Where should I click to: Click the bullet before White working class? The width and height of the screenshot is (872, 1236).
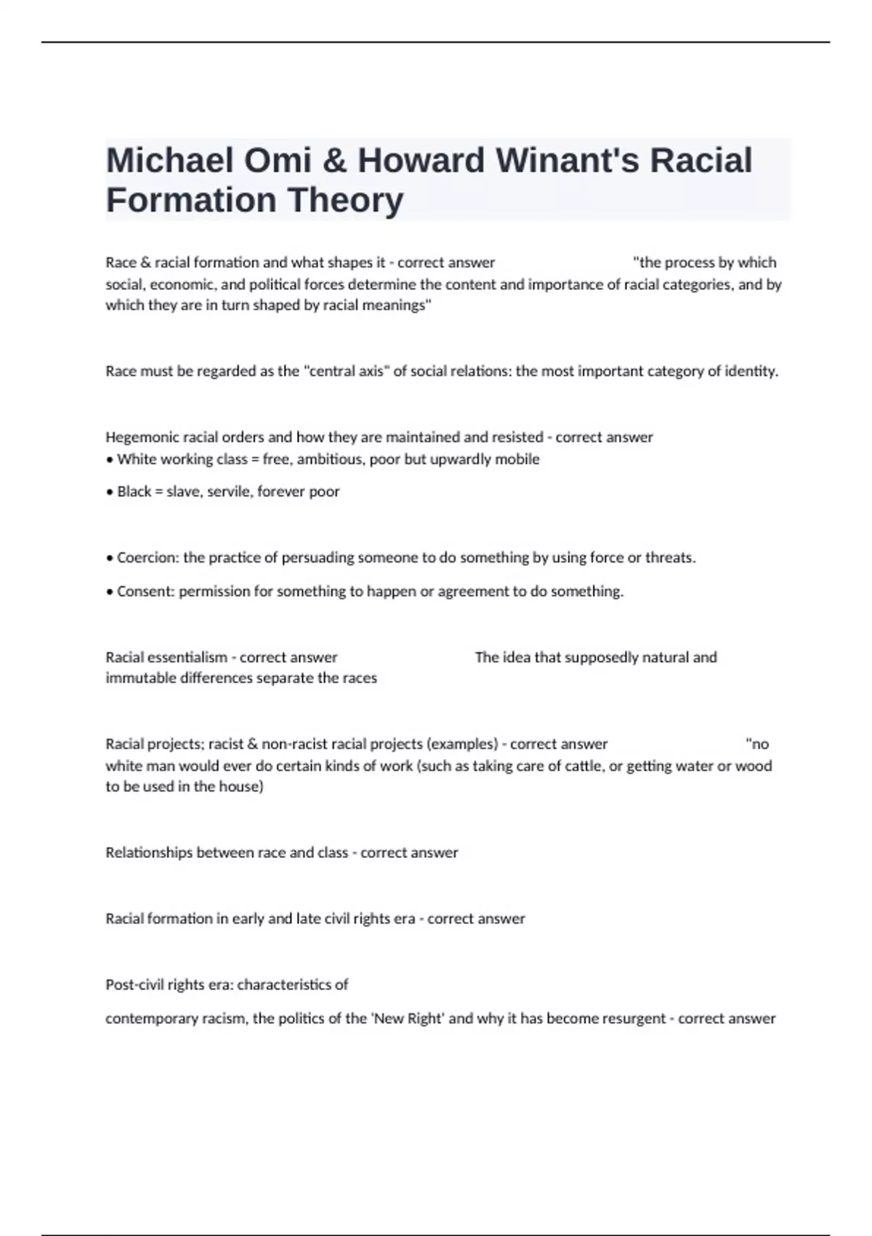pos(109,460)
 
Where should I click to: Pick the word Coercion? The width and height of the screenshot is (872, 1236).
pos(148,558)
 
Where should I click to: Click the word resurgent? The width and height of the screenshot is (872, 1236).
pos(634,1019)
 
